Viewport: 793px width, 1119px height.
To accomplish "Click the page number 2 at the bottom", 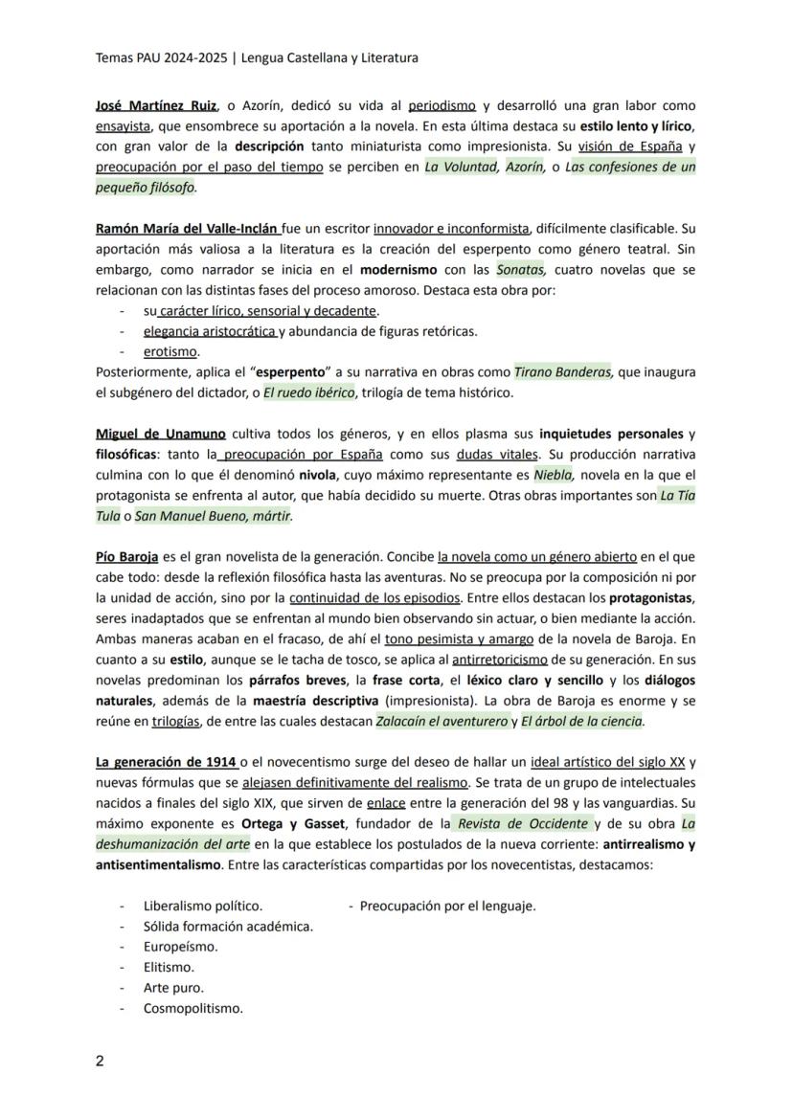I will [100, 1061].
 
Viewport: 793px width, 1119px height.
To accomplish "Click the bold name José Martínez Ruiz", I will [156, 106].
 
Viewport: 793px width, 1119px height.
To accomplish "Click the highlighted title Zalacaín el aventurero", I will [441, 721].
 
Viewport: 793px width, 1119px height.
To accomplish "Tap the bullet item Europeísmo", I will [180, 947].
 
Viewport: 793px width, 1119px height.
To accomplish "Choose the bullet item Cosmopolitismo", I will [193, 1008].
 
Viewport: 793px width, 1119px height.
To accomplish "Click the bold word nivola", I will [316, 475].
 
